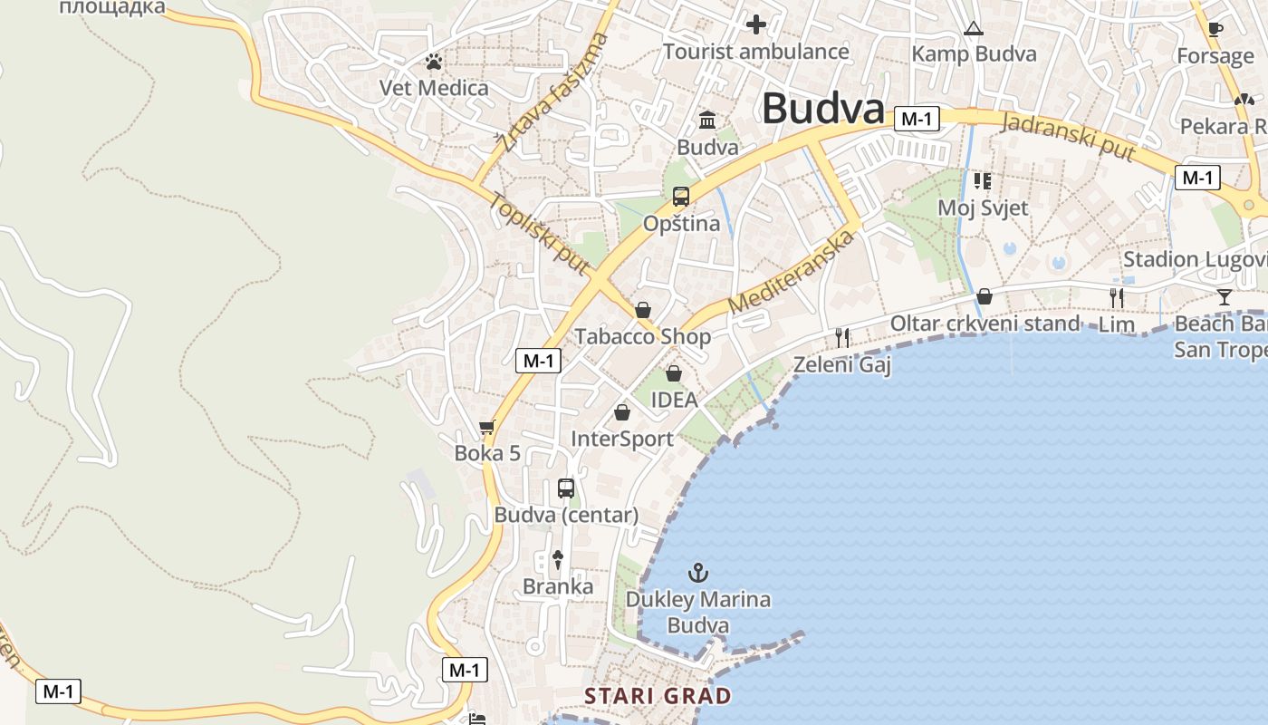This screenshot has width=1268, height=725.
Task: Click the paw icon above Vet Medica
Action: tap(435, 62)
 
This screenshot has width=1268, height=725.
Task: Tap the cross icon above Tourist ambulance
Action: tap(755, 24)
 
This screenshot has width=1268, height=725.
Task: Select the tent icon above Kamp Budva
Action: tap(974, 28)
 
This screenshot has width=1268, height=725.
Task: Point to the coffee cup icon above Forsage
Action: tap(1215, 29)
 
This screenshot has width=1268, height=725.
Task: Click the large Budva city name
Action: tap(822, 109)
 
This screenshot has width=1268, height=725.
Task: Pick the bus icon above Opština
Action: tap(680, 196)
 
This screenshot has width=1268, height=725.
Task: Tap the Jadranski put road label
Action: tap(1069, 137)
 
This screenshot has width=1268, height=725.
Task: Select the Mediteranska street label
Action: tap(791, 272)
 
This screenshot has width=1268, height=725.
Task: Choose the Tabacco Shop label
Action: tap(643, 337)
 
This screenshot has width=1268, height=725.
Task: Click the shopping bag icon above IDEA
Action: tap(674, 372)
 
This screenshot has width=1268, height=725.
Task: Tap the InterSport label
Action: tap(622, 439)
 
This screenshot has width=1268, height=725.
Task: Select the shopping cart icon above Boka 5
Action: tap(487, 426)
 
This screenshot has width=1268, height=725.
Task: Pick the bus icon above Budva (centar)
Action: tap(566, 488)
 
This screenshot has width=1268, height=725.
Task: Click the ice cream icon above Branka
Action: tap(558, 560)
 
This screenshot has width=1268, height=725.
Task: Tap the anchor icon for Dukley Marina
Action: tap(697, 573)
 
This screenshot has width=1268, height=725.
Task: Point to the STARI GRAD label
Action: tap(658, 696)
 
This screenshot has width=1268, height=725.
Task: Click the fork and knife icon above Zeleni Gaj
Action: tap(842, 338)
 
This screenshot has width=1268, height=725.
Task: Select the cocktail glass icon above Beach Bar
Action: tap(1225, 296)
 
